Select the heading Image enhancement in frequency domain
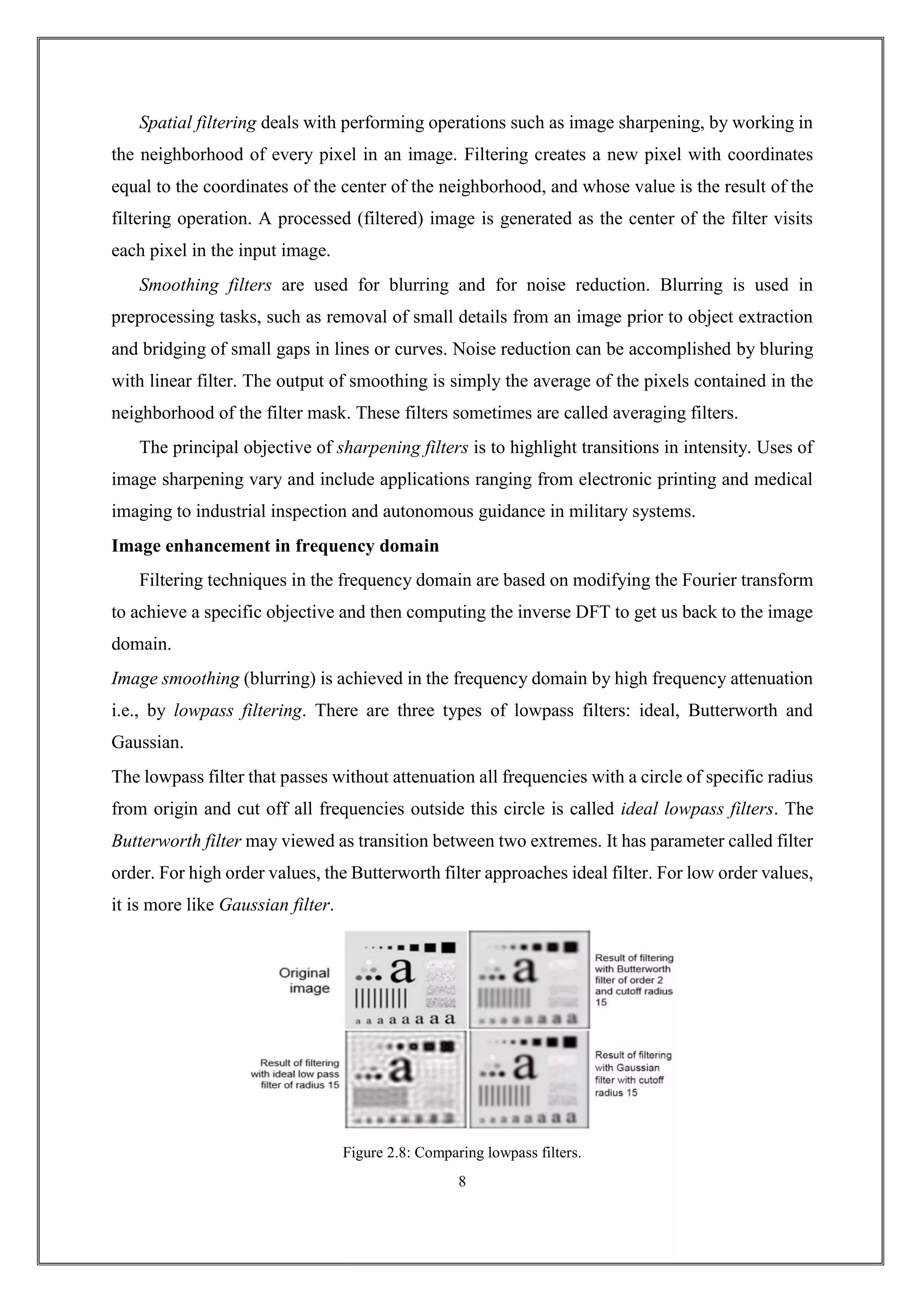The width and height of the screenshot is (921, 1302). click(x=275, y=546)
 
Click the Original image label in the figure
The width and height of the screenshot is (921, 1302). click(x=304, y=981)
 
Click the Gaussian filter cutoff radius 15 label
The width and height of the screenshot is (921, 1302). click(x=632, y=1074)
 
